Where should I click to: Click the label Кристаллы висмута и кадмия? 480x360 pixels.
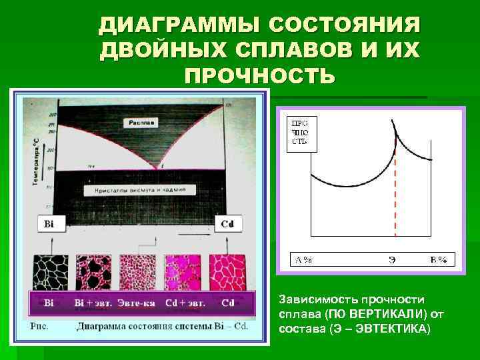click(140, 190)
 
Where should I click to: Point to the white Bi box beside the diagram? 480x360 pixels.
click(49, 224)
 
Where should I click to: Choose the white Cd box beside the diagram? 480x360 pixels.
click(227, 224)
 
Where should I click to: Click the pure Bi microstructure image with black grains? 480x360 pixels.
click(51, 271)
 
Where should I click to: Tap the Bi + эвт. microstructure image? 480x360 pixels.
click(94, 271)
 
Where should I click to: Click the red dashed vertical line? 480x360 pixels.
click(396, 193)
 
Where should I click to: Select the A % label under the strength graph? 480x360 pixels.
click(304, 260)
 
